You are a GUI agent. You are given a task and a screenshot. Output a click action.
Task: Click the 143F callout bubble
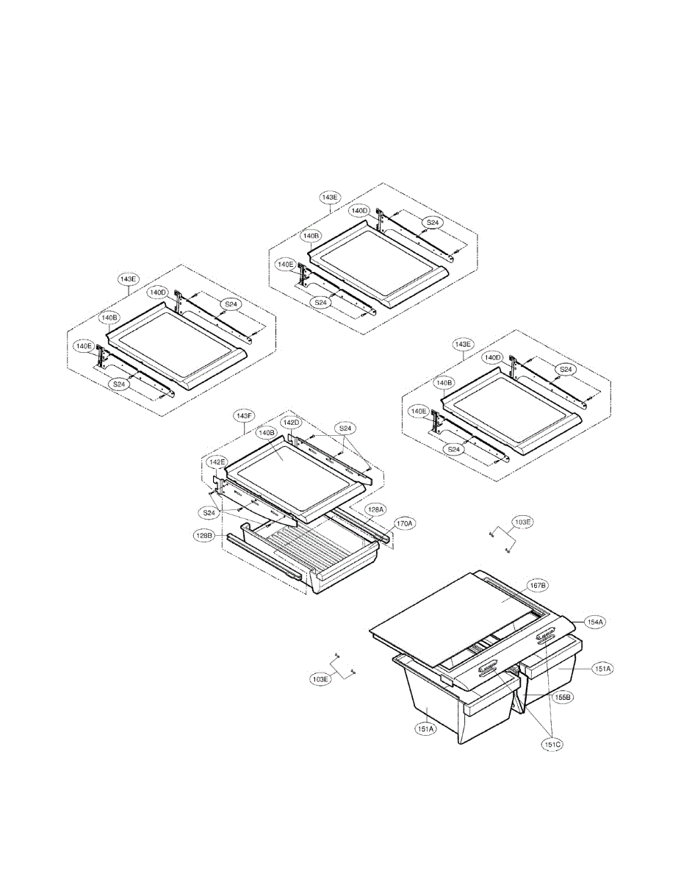(244, 415)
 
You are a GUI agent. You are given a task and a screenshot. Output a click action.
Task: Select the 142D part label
(292, 423)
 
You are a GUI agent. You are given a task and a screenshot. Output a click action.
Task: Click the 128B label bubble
(203, 536)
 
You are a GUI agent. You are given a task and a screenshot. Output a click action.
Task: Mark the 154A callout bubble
(594, 621)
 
